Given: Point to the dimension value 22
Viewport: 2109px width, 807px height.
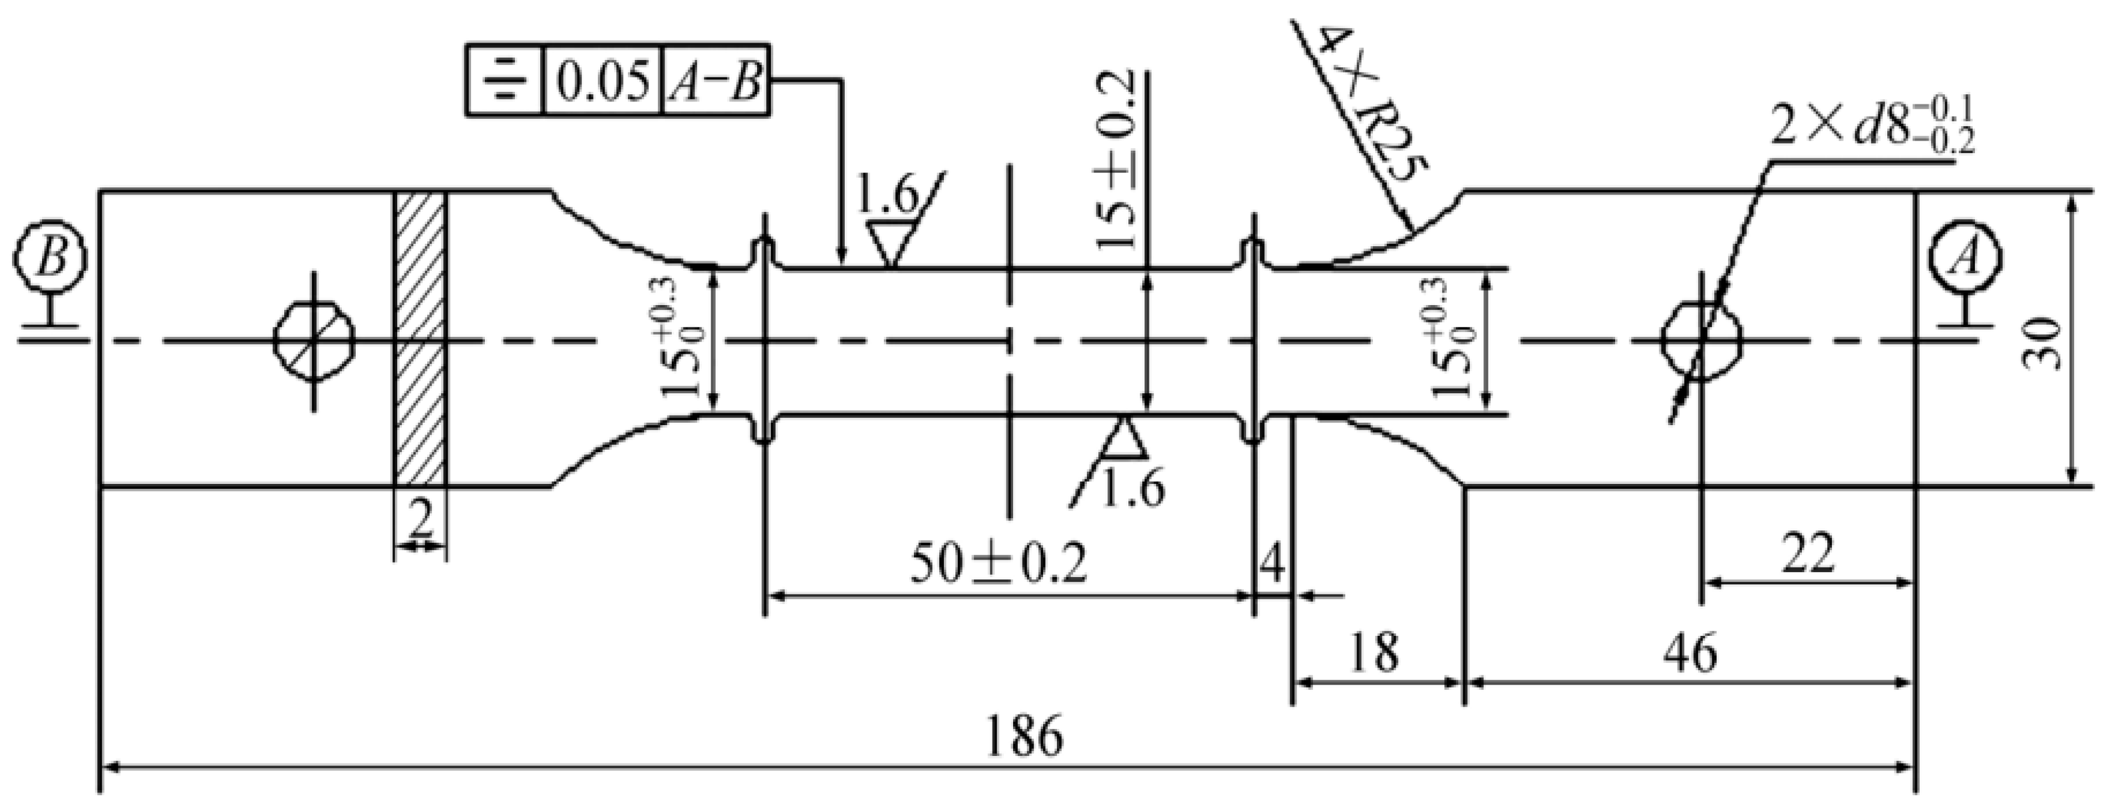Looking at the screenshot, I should (1808, 554).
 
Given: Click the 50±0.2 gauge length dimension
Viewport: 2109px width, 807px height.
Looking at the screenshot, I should (998, 564).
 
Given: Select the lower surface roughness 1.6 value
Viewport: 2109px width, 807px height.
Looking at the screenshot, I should (1133, 490).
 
